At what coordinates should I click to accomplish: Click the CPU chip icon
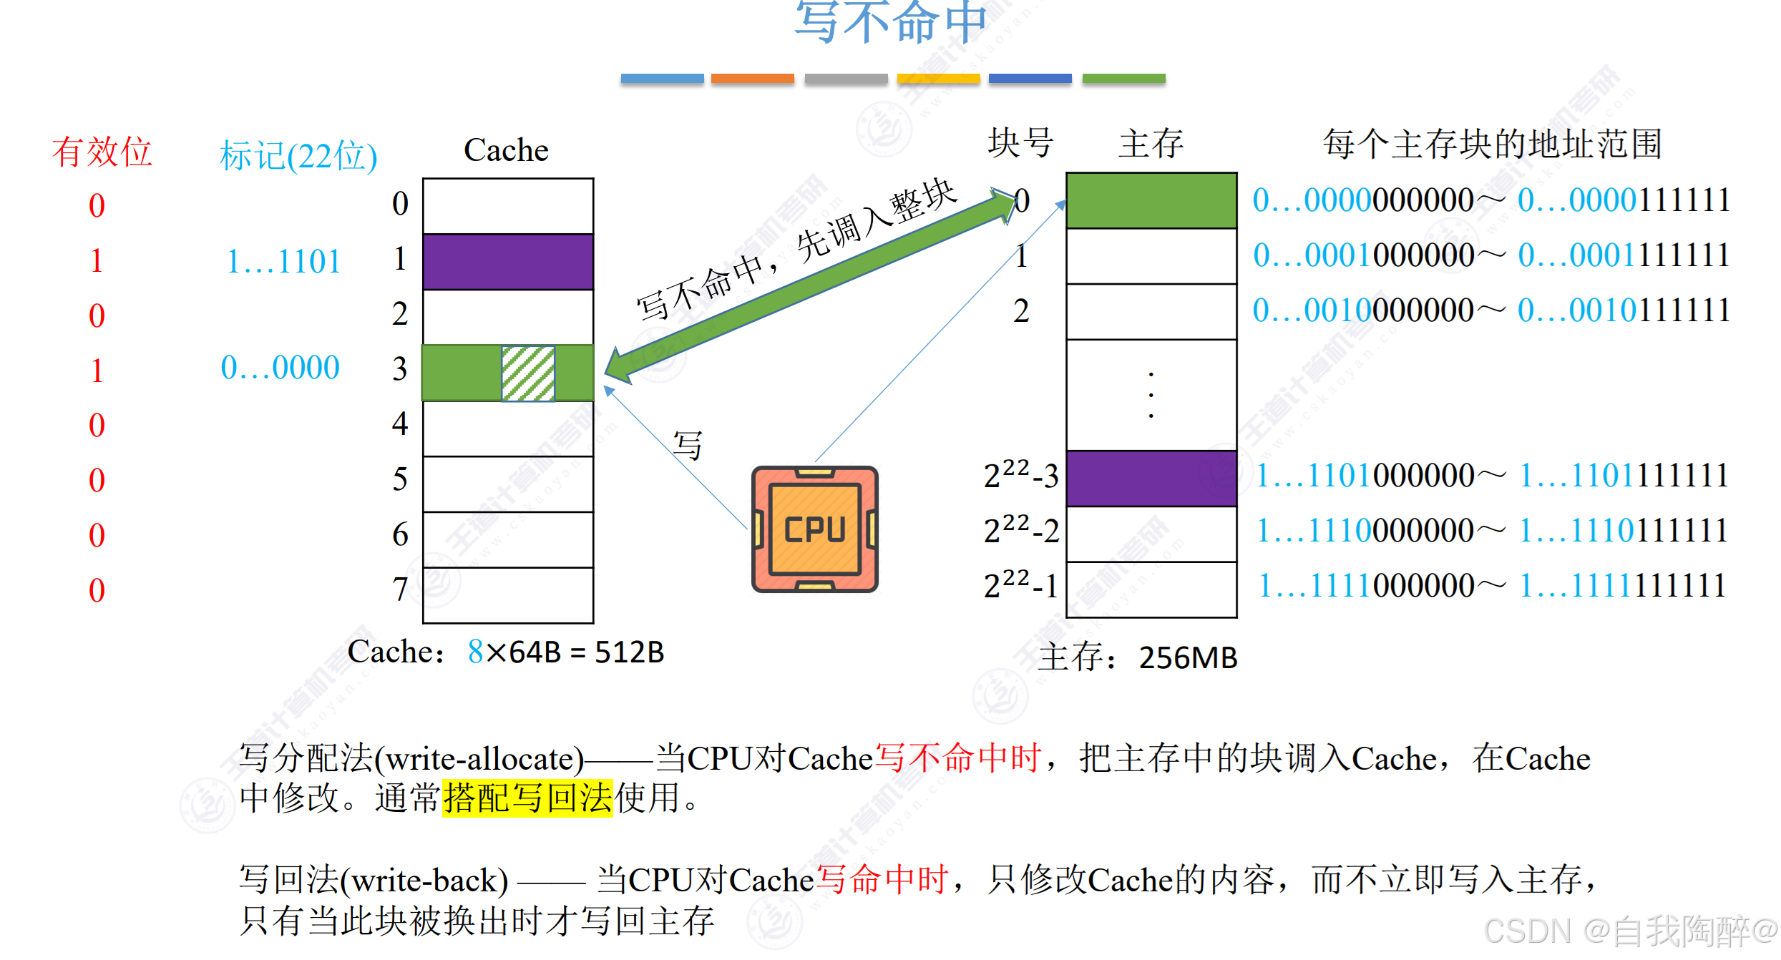pyautogui.click(x=815, y=529)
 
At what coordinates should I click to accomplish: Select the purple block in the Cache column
pyautogui.click(x=508, y=261)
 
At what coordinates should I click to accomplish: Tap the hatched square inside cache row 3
pyautogui.click(x=528, y=373)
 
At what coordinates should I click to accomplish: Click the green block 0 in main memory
pyautogui.click(x=1151, y=200)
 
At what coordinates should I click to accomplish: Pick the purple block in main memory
pyautogui.click(x=1151, y=478)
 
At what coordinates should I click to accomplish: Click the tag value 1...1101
pyautogui.click(x=283, y=261)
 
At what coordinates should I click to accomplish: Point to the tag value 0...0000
pyautogui.click(x=280, y=368)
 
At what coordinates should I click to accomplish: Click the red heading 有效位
pyautogui.click(x=102, y=152)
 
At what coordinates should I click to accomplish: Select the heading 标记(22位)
pyautogui.click(x=298, y=155)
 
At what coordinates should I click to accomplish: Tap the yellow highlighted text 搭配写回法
pyautogui.click(x=527, y=798)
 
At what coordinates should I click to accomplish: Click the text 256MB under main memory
pyautogui.click(x=1188, y=657)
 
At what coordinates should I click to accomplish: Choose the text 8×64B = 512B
pyautogui.click(x=565, y=652)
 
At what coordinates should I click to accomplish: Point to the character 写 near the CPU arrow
pyautogui.click(x=688, y=446)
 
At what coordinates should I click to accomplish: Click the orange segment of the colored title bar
pyautogui.click(x=752, y=80)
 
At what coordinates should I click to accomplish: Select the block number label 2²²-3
pyautogui.click(x=1020, y=475)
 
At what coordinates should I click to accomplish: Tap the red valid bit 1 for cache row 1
pyautogui.click(x=97, y=260)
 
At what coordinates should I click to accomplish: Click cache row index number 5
pyautogui.click(x=400, y=479)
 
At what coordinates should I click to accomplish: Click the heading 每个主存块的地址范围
pyautogui.click(x=1491, y=145)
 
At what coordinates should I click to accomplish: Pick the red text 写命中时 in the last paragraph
pyautogui.click(x=882, y=879)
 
